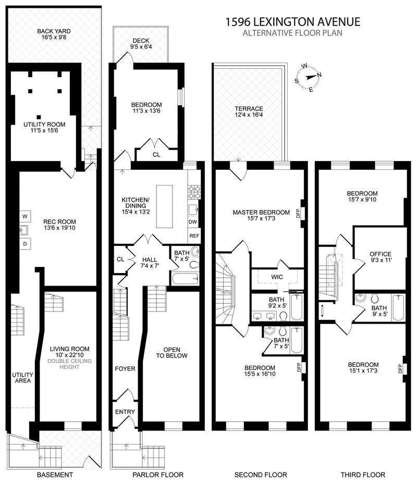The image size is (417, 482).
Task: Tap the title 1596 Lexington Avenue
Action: (292, 22)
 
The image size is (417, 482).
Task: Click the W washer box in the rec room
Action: (24, 216)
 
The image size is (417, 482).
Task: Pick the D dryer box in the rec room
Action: (24, 243)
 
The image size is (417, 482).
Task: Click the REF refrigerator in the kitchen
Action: (194, 236)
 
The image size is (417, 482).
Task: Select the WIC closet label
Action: (276, 277)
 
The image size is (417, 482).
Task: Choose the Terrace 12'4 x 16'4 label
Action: (249, 112)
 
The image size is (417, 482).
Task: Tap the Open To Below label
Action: (171, 353)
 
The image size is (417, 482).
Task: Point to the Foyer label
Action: (125, 369)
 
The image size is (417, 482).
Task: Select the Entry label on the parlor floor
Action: (125, 412)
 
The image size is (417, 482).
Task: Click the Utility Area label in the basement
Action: (23, 378)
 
